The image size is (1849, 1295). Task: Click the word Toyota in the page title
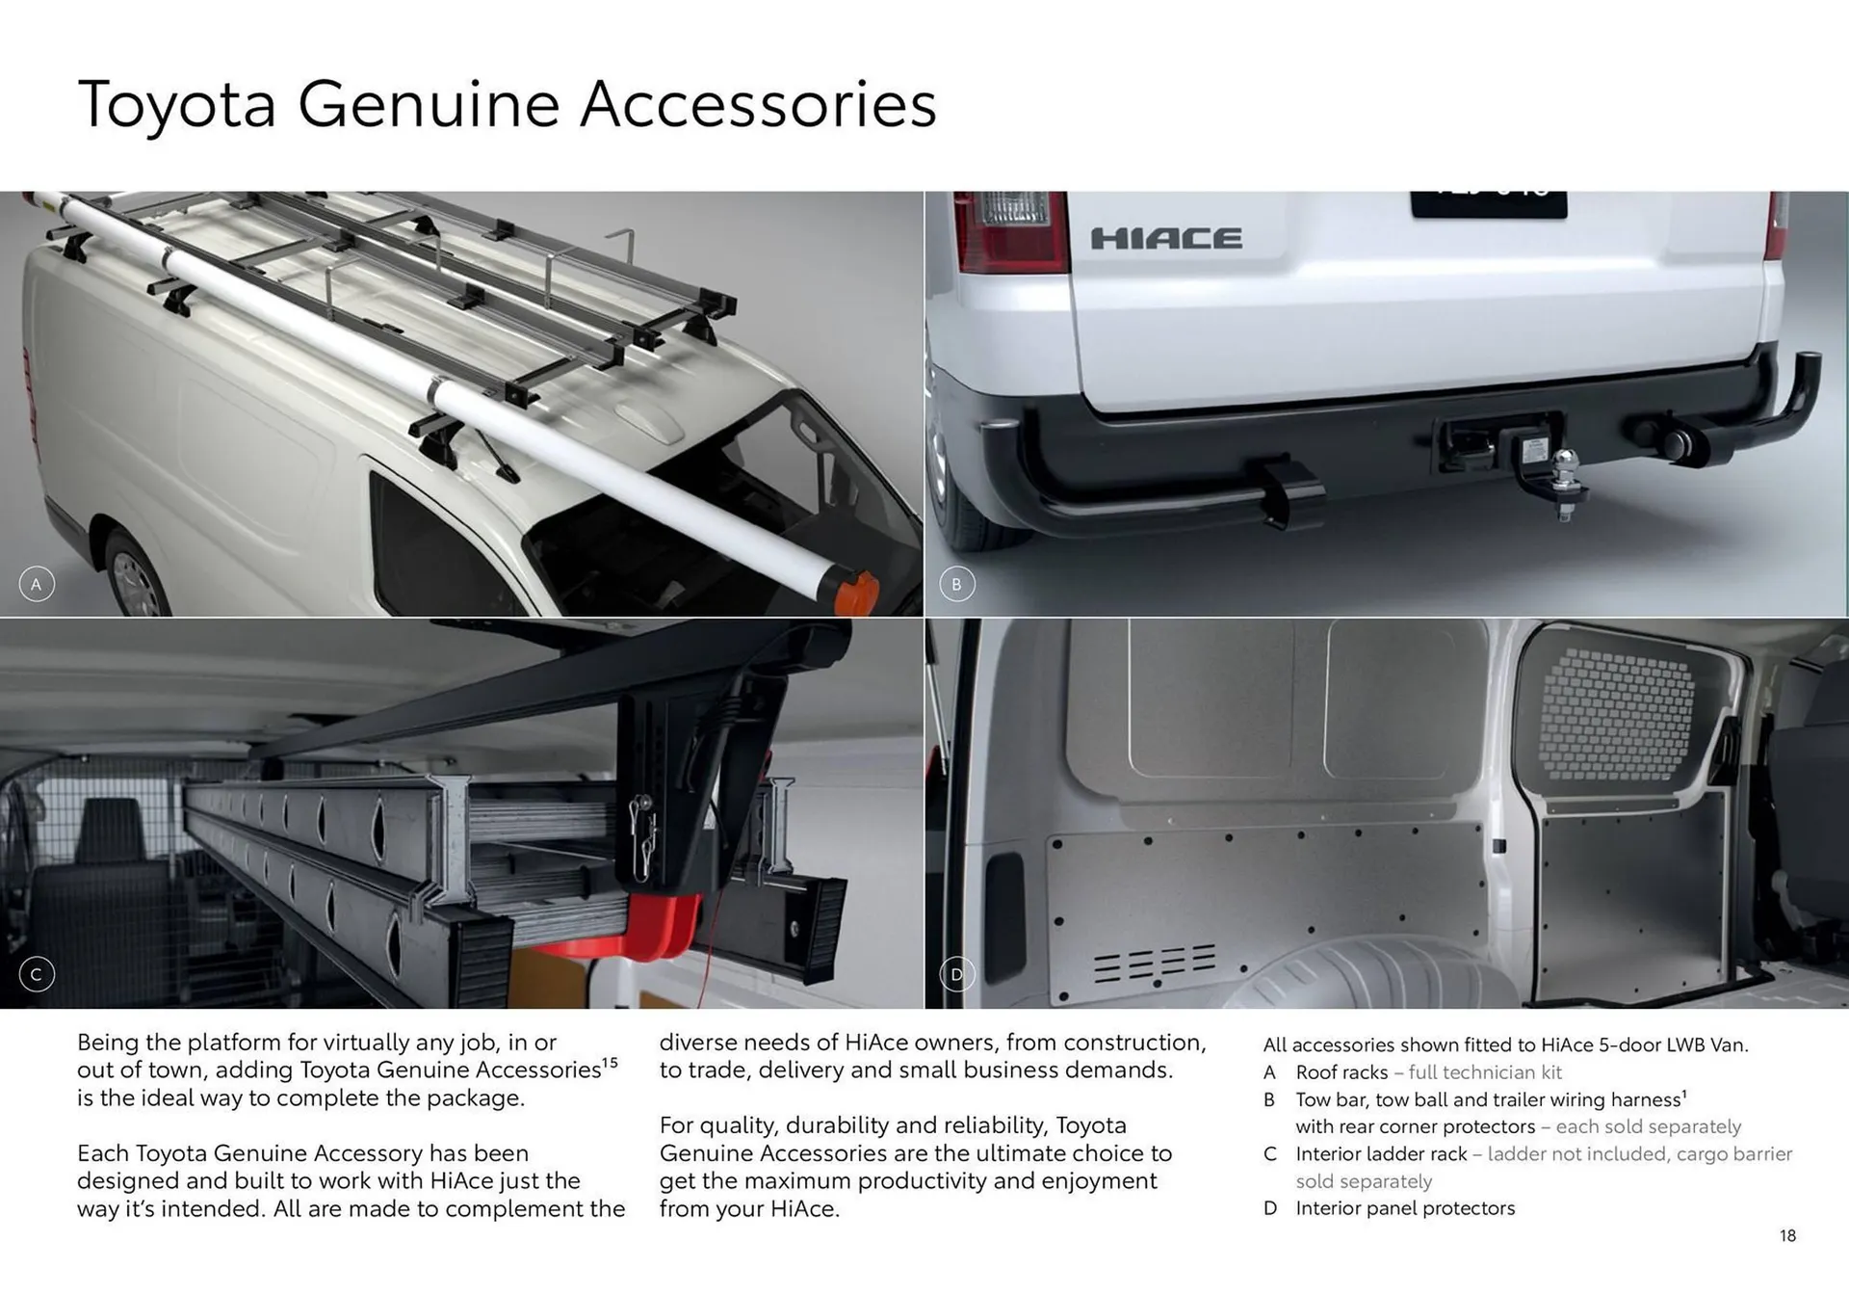click(176, 104)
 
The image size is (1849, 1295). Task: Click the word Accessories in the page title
click(758, 104)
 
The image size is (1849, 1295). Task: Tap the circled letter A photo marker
click(37, 584)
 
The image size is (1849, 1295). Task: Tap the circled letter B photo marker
click(956, 584)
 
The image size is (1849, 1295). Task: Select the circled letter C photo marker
click(37, 974)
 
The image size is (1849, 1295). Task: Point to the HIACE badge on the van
click(1165, 238)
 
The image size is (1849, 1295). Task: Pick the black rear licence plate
click(1488, 203)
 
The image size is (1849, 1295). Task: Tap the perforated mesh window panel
click(1618, 713)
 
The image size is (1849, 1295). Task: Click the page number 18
click(1787, 1235)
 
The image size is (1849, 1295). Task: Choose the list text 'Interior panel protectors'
click(1405, 1208)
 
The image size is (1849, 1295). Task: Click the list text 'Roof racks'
click(1341, 1072)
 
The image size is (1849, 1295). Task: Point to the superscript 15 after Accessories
click(610, 1063)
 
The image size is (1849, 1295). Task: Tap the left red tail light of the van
click(1009, 231)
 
